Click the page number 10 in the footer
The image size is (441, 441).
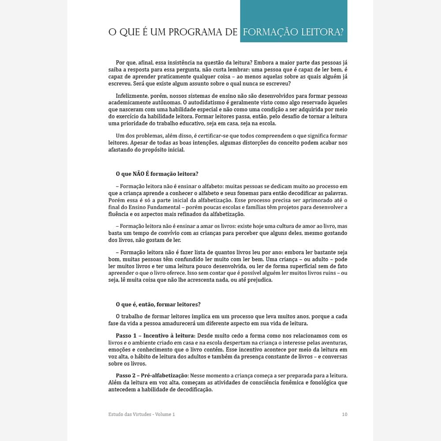344,414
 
